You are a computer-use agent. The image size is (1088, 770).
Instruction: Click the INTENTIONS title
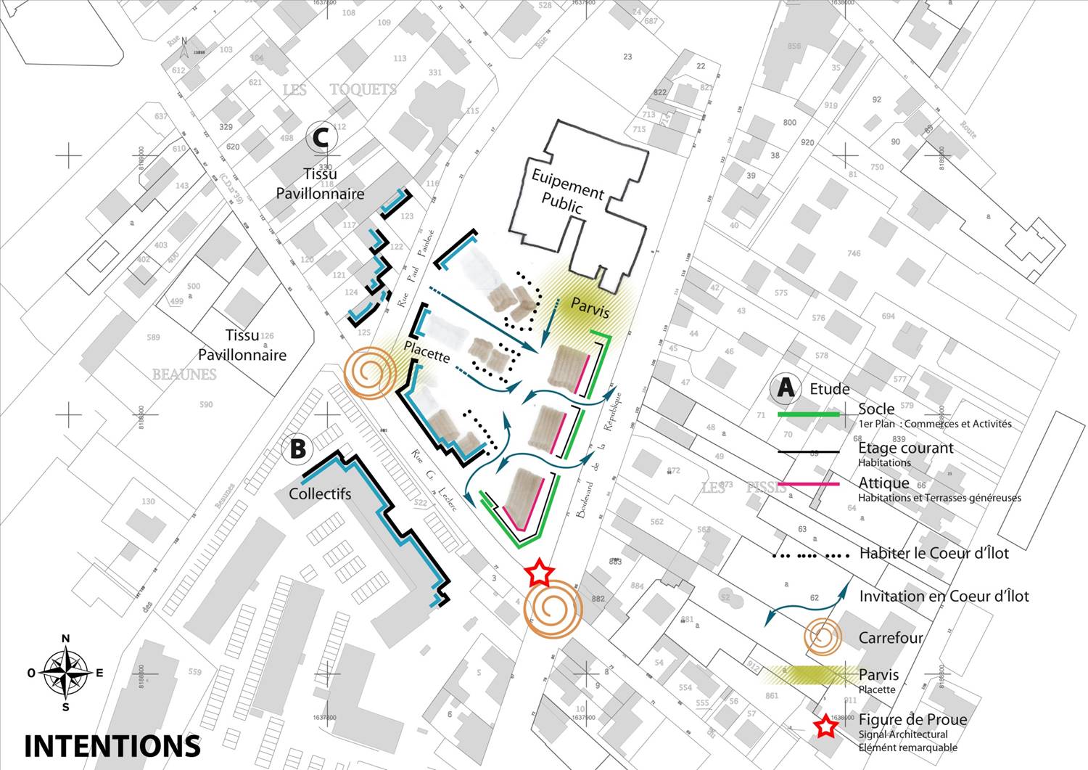[112, 745]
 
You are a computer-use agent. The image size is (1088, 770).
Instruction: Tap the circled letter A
[786, 389]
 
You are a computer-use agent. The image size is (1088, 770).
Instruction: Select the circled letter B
[297, 449]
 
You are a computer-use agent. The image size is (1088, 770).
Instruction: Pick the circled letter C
[321, 137]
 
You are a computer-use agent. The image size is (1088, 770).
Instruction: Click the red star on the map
[538, 573]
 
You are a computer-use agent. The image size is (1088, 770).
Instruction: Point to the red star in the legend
[825, 726]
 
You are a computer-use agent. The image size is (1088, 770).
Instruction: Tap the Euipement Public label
[567, 191]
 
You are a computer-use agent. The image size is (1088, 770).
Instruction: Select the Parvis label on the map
[590, 307]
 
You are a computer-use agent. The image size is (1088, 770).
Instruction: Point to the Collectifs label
[320, 493]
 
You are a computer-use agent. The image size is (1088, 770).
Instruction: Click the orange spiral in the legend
[823, 638]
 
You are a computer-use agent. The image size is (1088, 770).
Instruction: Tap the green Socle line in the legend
[808, 414]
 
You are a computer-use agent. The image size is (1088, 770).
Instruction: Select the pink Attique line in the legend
[808, 483]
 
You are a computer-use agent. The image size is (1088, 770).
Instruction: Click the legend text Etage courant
[905, 448]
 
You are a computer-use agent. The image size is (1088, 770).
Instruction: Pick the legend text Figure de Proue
[912, 720]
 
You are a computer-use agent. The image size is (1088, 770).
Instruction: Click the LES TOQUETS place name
[339, 90]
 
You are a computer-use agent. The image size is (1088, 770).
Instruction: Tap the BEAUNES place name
[184, 374]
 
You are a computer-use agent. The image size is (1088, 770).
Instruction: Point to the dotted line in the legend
[810, 556]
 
